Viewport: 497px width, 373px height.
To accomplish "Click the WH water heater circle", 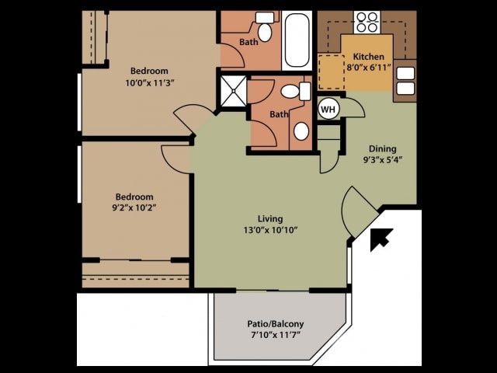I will [x=328, y=110].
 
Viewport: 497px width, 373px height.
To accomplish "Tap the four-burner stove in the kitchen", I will [x=365, y=21].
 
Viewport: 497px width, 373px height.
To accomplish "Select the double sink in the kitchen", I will [x=405, y=81].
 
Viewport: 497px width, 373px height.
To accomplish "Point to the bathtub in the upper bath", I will [x=297, y=40].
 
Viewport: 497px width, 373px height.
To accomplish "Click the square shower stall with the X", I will [x=232, y=92].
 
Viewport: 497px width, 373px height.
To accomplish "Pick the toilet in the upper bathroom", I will [x=266, y=30].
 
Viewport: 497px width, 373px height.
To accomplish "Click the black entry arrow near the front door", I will [x=381, y=239].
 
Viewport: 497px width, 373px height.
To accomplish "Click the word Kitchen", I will [x=367, y=58].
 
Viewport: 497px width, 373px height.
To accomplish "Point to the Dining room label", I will [x=382, y=149].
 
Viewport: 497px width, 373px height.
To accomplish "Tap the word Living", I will [x=270, y=218].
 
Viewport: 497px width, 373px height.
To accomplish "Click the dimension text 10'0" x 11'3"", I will [x=151, y=82].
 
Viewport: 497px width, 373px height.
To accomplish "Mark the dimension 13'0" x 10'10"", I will [x=270, y=229].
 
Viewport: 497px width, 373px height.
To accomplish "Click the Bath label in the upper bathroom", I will [x=248, y=43].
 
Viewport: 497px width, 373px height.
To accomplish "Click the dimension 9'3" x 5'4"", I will [x=382, y=160].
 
